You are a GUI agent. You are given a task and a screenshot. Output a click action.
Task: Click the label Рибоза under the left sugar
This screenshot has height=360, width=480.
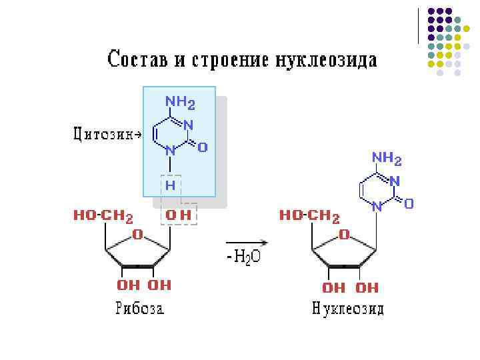click(140, 309)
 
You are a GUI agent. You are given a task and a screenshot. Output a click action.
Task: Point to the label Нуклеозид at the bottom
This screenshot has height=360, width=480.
click(348, 310)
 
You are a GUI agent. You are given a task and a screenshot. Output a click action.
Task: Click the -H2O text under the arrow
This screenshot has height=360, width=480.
click(244, 257)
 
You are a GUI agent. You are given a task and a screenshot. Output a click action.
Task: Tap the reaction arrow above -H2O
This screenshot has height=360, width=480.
click(247, 243)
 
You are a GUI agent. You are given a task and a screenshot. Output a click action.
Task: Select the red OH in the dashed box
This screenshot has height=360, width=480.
click(179, 215)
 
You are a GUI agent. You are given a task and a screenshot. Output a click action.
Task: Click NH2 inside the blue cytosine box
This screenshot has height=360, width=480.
click(180, 103)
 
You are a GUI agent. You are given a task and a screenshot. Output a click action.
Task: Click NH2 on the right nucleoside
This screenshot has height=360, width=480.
click(387, 159)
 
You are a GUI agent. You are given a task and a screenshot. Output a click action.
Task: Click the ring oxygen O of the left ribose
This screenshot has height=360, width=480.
click(137, 234)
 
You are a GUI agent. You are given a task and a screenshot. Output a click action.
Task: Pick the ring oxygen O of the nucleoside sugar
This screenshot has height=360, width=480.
click(344, 234)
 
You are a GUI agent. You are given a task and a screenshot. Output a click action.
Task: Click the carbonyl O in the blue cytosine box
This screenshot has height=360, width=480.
click(202, 147)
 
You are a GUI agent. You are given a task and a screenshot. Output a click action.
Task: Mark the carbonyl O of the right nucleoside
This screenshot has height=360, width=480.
click(409, 203)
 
